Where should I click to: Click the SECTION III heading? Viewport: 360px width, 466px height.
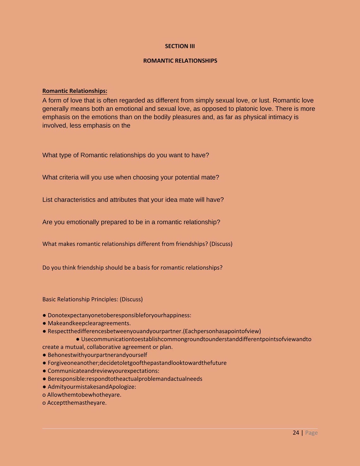pos(180,46)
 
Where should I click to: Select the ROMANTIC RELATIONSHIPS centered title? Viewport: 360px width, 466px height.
pos(180,61)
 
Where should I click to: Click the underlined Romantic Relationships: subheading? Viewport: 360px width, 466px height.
pos(75,91)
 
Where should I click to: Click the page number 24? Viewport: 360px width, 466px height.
pos(296,433)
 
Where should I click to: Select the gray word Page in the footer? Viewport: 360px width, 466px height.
pos(311,433)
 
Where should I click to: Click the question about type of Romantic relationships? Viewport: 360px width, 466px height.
pos(125,155)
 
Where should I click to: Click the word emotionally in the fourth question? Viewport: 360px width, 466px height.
pos(82,222)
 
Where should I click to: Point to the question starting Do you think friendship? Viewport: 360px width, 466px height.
pos(132,268)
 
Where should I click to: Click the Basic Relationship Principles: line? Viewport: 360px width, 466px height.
pos(92,299)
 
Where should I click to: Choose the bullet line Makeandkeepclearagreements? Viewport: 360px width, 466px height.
pos(89,323)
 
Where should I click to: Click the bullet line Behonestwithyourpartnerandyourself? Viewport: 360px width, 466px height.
pos(97,355)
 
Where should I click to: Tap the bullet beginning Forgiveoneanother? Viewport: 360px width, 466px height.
pos(137,363)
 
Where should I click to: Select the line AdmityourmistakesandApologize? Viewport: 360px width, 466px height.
pos(92,387)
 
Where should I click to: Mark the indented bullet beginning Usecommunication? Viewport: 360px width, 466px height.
pos(196,339)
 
